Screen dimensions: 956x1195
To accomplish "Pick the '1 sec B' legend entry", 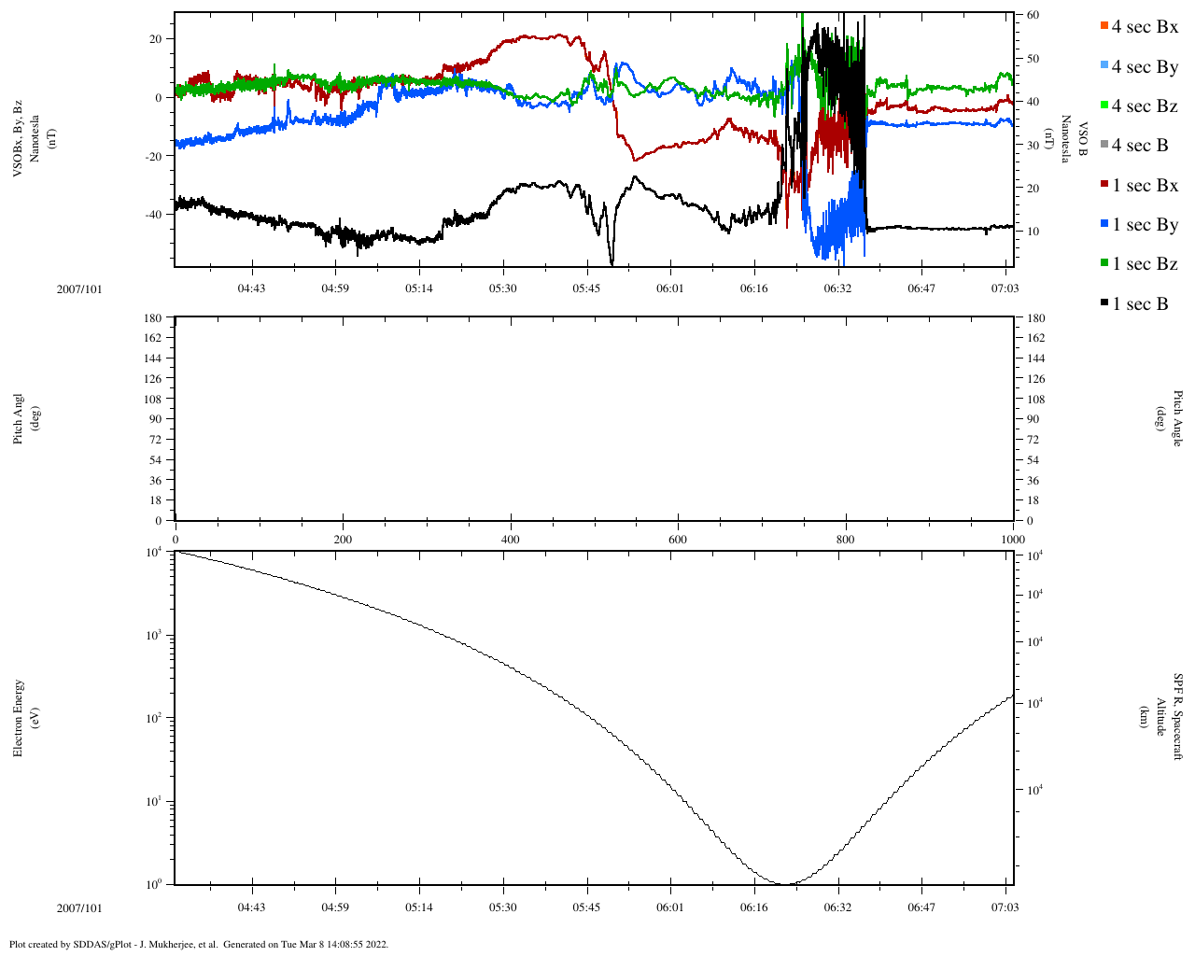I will [1140, 304].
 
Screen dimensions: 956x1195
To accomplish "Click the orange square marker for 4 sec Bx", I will [1104, 26].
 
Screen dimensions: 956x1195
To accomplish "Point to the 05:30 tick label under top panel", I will [502, 288].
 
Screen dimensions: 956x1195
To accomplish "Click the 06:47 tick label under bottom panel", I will [921, 907].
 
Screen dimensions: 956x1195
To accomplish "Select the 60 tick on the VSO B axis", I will [1033, 15].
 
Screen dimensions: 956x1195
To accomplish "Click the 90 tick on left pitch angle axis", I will [155, 419].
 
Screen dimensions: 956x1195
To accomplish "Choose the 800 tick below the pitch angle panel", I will [845, 540].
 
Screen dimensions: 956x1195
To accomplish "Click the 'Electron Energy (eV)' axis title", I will [25, 718].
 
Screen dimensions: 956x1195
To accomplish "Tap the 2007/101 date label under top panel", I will [79, 289].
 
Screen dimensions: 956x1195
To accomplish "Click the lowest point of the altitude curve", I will [785, 883].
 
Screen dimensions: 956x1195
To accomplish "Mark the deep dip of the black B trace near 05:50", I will [612, 262].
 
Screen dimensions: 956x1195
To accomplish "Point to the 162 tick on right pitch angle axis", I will [1035, 338].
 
